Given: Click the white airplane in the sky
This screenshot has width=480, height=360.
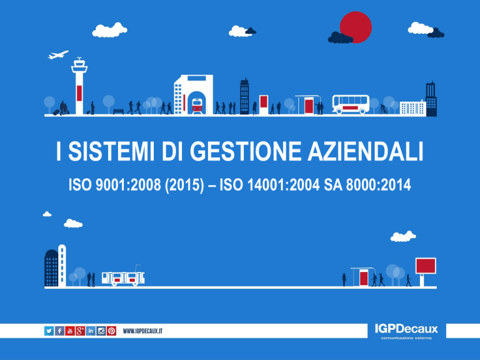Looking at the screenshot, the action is click(x=58, y=55).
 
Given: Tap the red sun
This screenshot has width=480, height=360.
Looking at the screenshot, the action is click(x=356, y=27).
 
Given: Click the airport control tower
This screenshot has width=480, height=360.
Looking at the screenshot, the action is click(x=79, y=86).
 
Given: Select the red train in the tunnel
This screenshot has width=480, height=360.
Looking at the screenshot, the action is click(x=197, y=106).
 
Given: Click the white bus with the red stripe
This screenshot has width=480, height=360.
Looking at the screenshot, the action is click(x=351, y=104).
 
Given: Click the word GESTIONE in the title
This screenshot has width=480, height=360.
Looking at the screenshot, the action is click(x=246, y=151).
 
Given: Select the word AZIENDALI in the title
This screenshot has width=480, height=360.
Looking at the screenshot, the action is click(x=366, y=151).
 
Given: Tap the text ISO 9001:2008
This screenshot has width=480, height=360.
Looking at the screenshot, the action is click(x=115, y=184).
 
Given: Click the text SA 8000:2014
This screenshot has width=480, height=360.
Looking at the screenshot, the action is click(x=367, y=184).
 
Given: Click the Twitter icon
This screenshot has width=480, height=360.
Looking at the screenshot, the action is click(x=49, y=331).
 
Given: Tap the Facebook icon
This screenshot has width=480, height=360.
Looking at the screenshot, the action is click(x=59, y=331).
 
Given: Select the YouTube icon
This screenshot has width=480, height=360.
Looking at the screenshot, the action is click(x=70, y=331).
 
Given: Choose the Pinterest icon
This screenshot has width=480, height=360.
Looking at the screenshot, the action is click(x=111, y=331).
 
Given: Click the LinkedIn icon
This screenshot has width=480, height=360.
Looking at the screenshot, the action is click(x=91, y=331).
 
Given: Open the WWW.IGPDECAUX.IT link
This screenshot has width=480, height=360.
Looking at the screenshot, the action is click(x=142, y=331).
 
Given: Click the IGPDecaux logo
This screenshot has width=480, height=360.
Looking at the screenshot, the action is click(x=406, y=331).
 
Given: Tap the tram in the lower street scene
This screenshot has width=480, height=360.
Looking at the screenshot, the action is click(x=123, y=277).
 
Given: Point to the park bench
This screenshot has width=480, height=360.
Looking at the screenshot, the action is click(x=119, y=112).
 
